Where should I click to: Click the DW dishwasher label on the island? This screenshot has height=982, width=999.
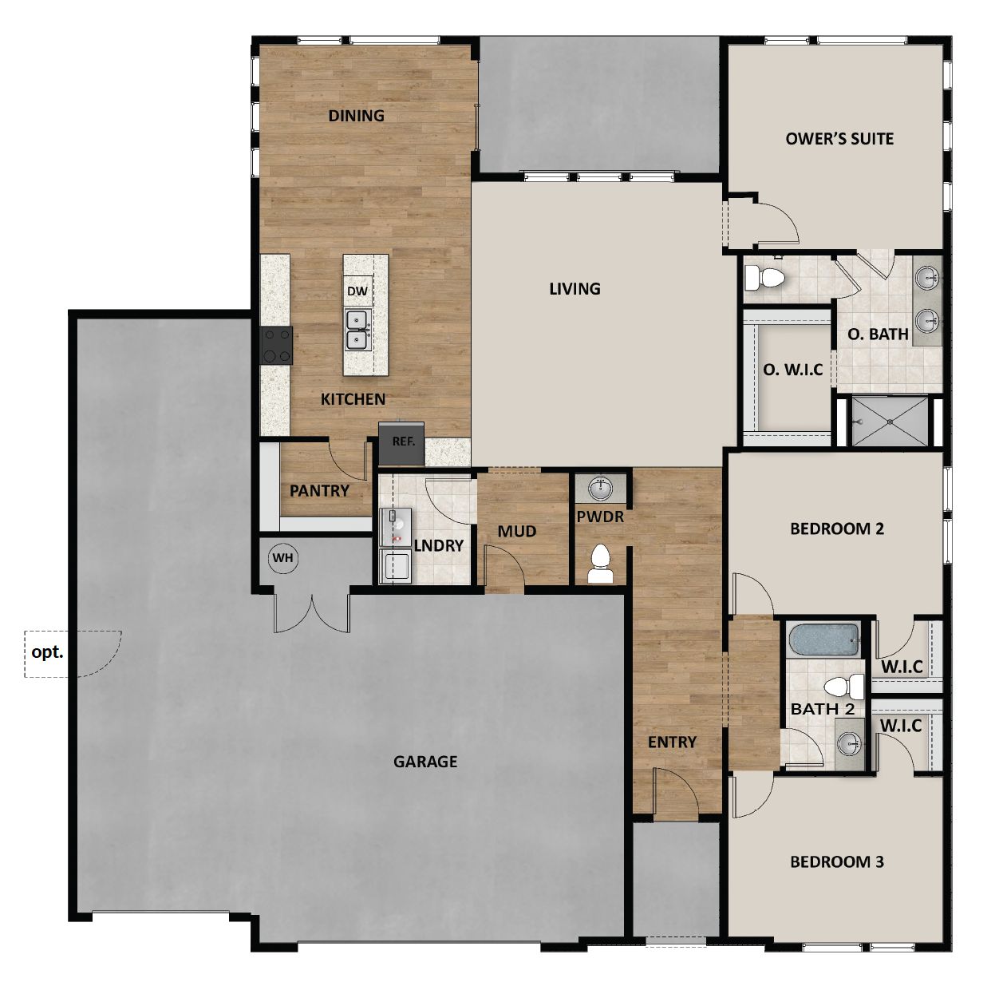(357, 291)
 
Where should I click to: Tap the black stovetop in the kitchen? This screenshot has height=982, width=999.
(276, 346)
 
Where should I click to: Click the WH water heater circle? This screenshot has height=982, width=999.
(283, 558)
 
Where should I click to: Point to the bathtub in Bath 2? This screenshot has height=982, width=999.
(823, 639)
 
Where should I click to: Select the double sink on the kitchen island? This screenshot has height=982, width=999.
(357, 330)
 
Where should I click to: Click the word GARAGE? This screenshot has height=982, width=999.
(425, 762)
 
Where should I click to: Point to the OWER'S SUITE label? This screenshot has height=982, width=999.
(839, 139)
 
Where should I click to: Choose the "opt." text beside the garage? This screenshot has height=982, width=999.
(47, 652)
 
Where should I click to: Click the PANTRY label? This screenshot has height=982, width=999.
(319, 491)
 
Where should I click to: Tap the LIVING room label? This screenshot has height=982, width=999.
(575, 289)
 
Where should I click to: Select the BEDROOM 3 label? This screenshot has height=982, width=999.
(836, 862)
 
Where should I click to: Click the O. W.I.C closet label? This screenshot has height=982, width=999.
(792, 370)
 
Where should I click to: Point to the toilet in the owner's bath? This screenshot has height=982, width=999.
(765, 278)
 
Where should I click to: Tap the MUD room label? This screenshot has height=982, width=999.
(516, 532)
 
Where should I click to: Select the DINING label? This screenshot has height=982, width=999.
(356, 116)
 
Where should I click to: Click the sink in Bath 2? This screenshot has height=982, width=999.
(849, 744)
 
